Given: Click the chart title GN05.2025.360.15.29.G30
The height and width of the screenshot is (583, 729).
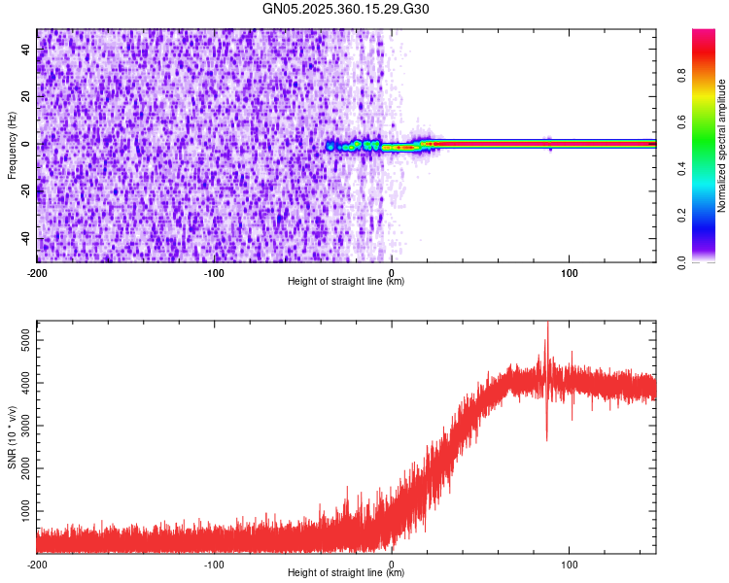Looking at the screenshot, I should [346, 9].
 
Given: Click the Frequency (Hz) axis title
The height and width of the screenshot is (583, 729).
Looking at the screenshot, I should [12, 146].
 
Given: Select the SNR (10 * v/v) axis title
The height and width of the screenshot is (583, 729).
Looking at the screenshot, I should [12, 437].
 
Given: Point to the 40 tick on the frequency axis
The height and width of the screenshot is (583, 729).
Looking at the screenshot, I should [27, 49].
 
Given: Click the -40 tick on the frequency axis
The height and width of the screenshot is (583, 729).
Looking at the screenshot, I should [25, 238].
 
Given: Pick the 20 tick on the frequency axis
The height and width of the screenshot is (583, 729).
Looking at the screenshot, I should [27, 96].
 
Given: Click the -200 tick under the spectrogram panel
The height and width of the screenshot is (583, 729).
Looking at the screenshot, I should [37, 272].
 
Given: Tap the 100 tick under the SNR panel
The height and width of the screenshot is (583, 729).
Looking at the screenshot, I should [570, 564].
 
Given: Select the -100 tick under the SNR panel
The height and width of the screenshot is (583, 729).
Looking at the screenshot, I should [215, 564].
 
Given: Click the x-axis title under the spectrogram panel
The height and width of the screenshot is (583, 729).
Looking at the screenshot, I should [346, 282].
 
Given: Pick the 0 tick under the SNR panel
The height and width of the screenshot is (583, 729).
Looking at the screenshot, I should [392, 564].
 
